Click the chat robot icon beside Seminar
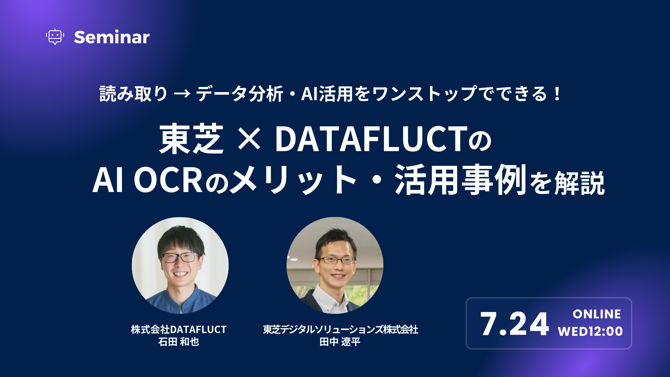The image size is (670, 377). pyautogui.click(x=55, y=37)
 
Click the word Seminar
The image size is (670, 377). pyautogui.click(x=112, y=37)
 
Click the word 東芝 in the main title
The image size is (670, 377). pyautogui.click(x=191, y=139)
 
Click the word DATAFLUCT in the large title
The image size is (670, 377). pyautogui.click(x=371, y=139)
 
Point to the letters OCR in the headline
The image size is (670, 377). pyautogui.click(x=168, y=180)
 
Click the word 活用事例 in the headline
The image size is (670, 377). pyautogui.click(x=461, y=180)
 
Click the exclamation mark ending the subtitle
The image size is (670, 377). pyautogui.click(x=557, y=94)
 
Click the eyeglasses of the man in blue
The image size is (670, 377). pyautogui.click(x=180, y=258)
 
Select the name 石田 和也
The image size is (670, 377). pyautogui.click(x=179, y=342)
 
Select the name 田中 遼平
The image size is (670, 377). pyautogui.click(x=340, y=342)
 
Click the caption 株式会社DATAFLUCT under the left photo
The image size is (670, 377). pyautogui.click(x=179, y=329)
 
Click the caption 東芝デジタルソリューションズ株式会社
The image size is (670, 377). pyautogui.click(x=340, y=329)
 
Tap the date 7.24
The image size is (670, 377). pyautogui.click(x=514, y=324)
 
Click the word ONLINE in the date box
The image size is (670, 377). pyautogui.click(x=597, y=314)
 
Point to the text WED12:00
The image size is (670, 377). pyautogui.click(x=590, y=331)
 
